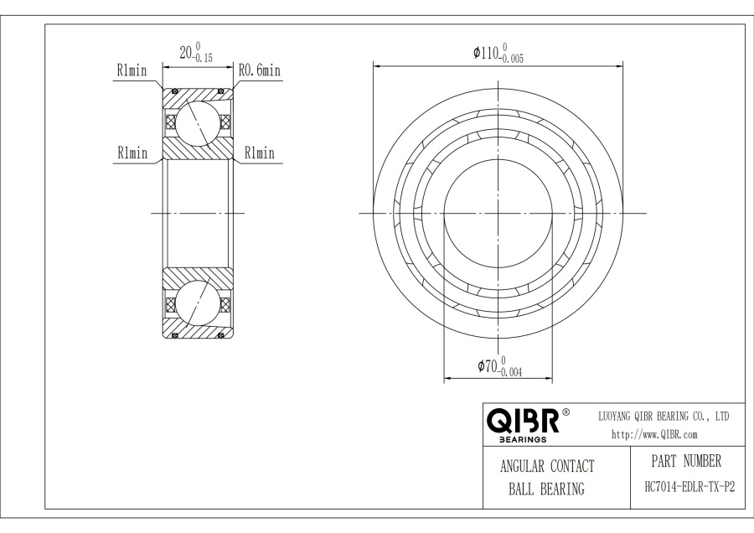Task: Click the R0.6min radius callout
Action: (259, 72)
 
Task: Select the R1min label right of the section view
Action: (259, 153)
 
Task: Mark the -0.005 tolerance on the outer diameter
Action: (514, 60)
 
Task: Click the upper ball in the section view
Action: (198, 122)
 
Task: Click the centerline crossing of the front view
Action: (498, 214)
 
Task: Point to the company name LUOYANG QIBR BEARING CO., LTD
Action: (663, 416)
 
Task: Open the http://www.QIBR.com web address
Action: (655, 434)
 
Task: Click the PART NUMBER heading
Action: (685, 462)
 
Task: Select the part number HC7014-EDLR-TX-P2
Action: (685, 486)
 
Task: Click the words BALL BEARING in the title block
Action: (546, 489)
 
